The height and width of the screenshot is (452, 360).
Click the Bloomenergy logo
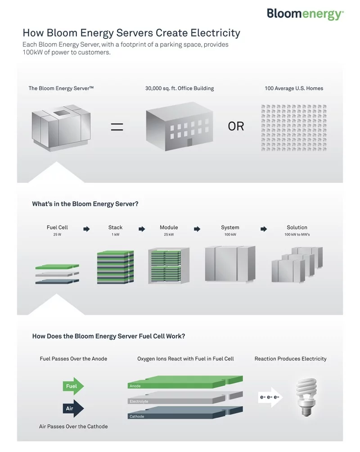(305, 14)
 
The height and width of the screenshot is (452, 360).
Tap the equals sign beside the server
(117, 127)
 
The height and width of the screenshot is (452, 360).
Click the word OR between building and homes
(236, 127)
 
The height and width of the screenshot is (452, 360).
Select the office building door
(189, 142)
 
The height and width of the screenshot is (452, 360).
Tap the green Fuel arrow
(73, 386)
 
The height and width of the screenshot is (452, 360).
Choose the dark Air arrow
(73, 408)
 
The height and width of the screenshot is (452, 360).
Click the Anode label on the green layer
(135, 386)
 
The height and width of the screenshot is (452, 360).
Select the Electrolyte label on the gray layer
(139, 402)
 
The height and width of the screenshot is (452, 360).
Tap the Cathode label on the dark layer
(137, 416)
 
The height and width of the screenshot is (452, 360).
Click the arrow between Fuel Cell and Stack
(86, 229)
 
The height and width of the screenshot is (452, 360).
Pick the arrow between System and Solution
(263, 229)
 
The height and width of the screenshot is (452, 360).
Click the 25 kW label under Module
(169, 235)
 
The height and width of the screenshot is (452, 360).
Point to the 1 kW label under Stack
(115, 235)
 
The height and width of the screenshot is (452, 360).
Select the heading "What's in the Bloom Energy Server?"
(85, 204)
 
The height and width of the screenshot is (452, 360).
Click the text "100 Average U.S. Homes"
(294, 88)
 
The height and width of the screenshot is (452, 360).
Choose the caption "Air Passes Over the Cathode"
(73, 426)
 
